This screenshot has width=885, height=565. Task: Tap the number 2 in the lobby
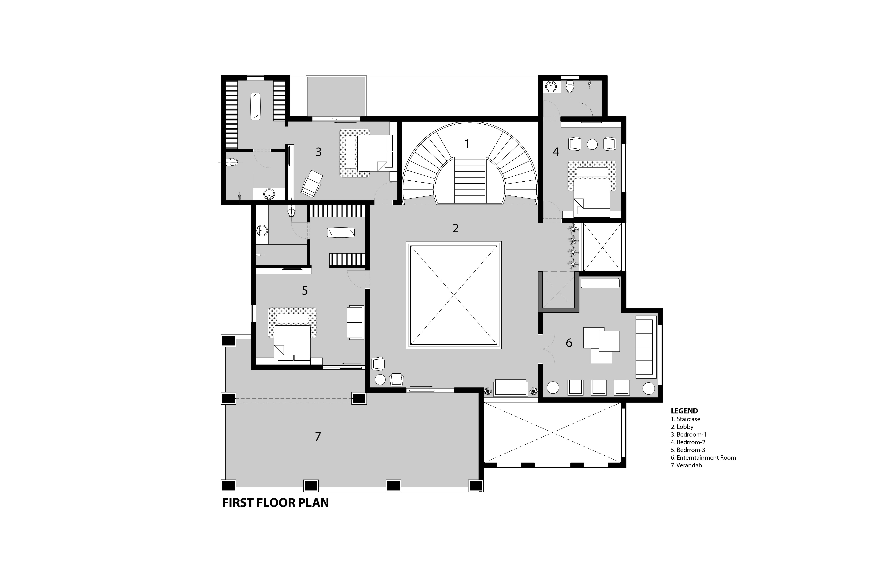click(456, 228)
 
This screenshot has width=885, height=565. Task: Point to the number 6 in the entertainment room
click(569, 343)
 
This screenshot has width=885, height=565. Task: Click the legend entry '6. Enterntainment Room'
click(703, 458)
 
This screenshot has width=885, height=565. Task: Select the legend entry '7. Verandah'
click(686, 465)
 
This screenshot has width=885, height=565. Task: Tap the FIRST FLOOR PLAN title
click(275, 503)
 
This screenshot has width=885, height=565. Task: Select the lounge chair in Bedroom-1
click(312, 184)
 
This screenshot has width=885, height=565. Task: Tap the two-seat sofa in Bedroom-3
click(355, 322)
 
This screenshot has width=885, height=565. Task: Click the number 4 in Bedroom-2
click(556, 152)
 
